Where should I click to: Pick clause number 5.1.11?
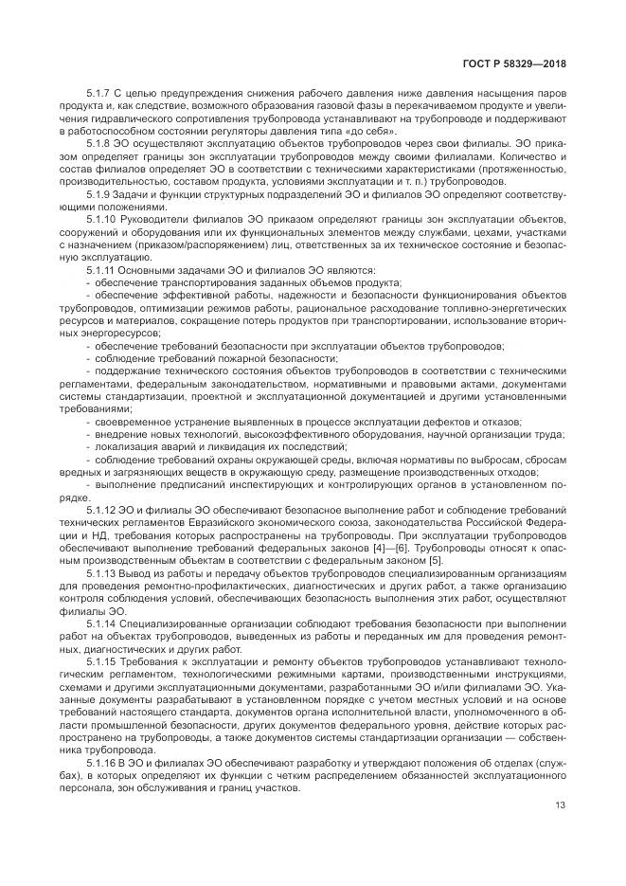[101, 270]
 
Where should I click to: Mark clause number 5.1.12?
[101, 509]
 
